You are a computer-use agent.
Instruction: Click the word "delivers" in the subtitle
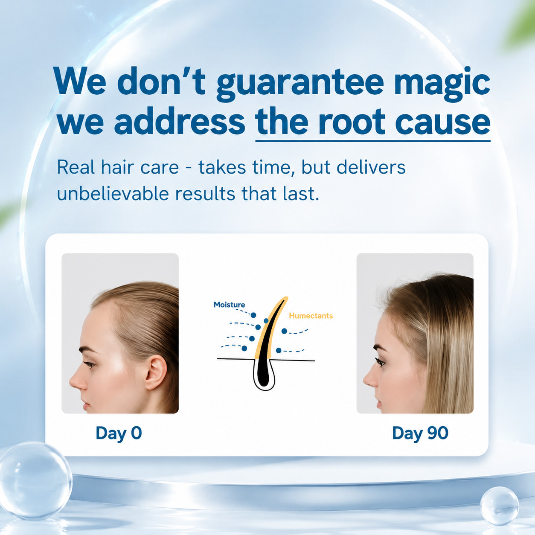(371, 167)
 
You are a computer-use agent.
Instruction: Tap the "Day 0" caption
(119, 433)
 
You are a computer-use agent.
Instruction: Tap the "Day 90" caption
(420, 433)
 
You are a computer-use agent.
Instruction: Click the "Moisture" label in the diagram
(229, 305)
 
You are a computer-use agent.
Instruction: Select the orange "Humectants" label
(311, 316)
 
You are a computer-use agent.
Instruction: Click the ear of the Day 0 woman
(155, 372)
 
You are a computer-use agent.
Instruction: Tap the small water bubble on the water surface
(499, 506)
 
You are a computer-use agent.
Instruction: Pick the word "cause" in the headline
(442, 122)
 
